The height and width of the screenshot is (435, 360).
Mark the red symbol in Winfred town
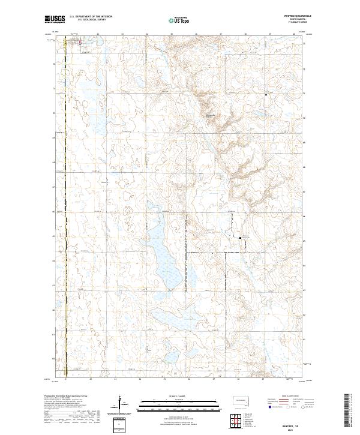(x=77, y=44)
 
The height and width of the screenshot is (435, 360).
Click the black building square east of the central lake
(x=241, y=238)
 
